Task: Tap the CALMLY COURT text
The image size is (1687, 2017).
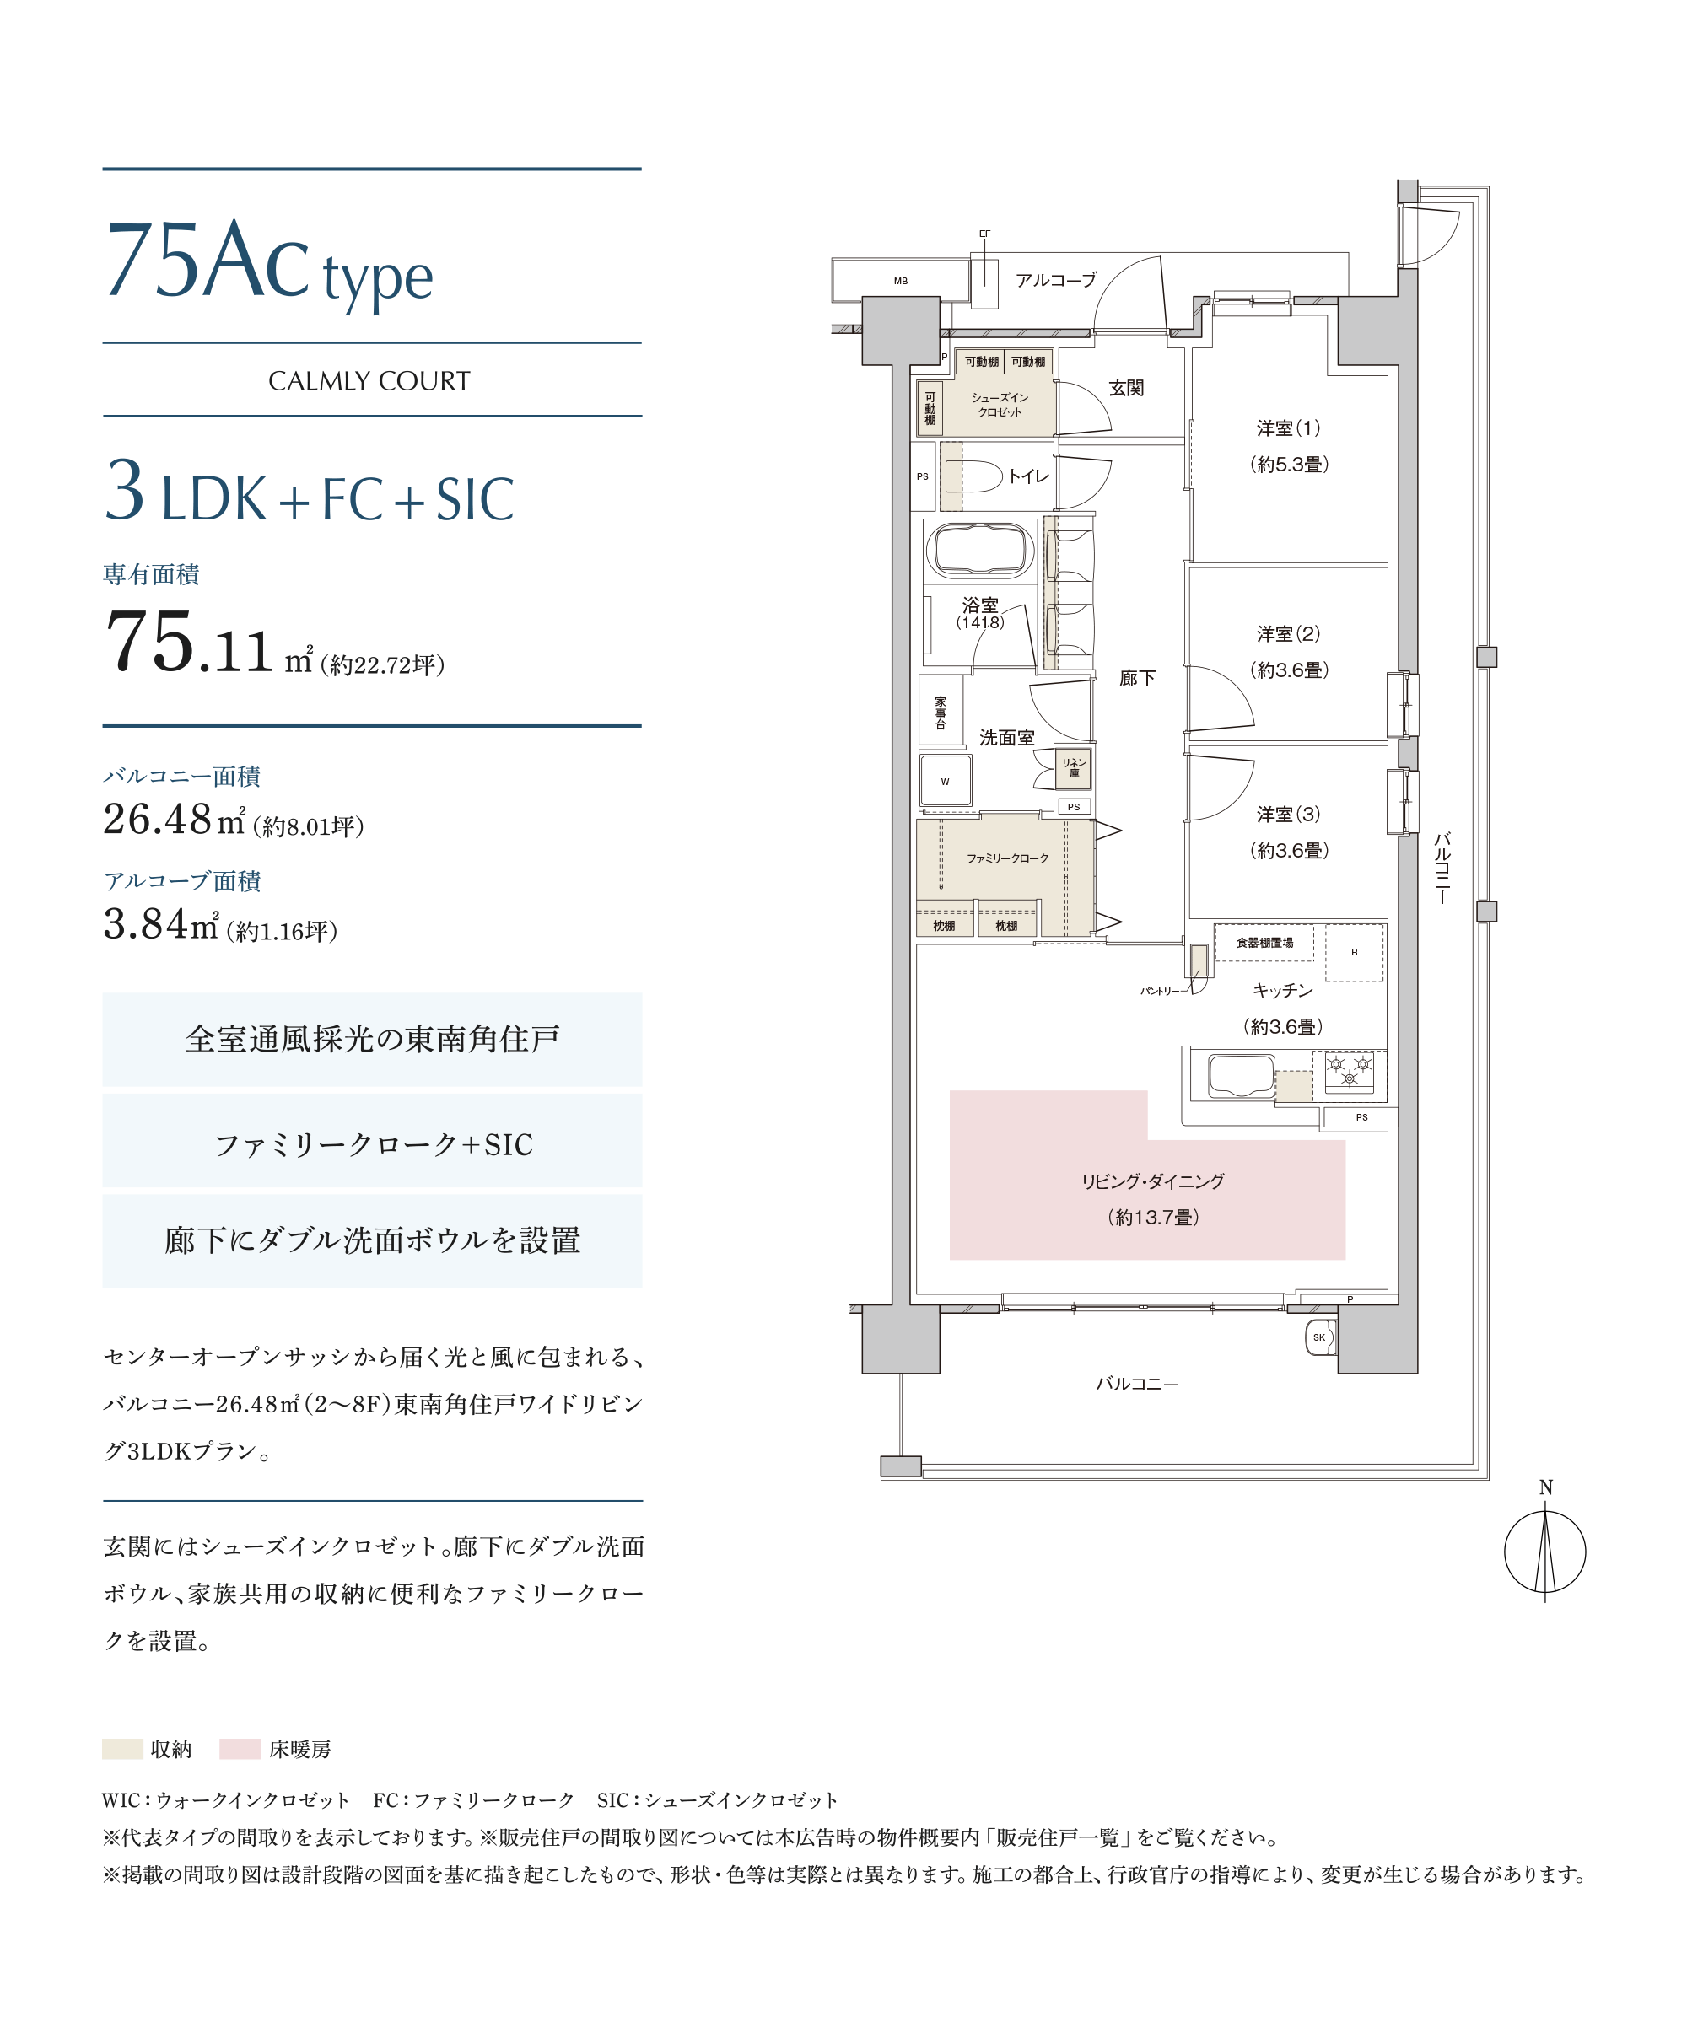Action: click(369, 381)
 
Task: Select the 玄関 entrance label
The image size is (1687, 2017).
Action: click(1126, 388)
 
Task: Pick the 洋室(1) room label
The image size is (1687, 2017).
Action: click(1288, 428)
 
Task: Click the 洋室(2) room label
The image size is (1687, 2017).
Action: click(1288, 634)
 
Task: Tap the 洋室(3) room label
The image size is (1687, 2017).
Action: click(1288, 815)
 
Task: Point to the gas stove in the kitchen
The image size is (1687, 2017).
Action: click(1349, 1073)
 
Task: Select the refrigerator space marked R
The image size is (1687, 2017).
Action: click(1355, 953)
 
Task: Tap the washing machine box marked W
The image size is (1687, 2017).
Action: click(946, 781)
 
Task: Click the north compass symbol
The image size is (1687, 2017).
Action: click(1544, 1552)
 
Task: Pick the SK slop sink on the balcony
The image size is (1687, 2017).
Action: click(1320, 1338)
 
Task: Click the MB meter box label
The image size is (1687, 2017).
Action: click(900, 282)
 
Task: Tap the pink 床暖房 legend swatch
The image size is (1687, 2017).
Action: click(240, 1749)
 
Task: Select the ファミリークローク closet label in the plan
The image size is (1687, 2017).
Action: click(1007, 858)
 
